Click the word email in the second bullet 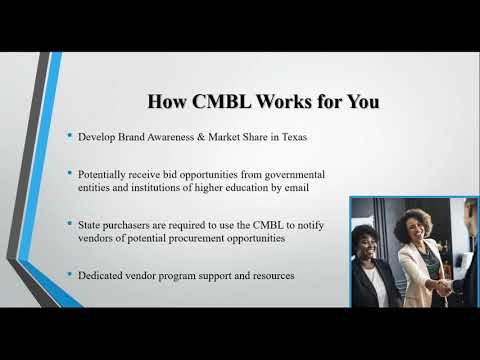click(x=311, y=187)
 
